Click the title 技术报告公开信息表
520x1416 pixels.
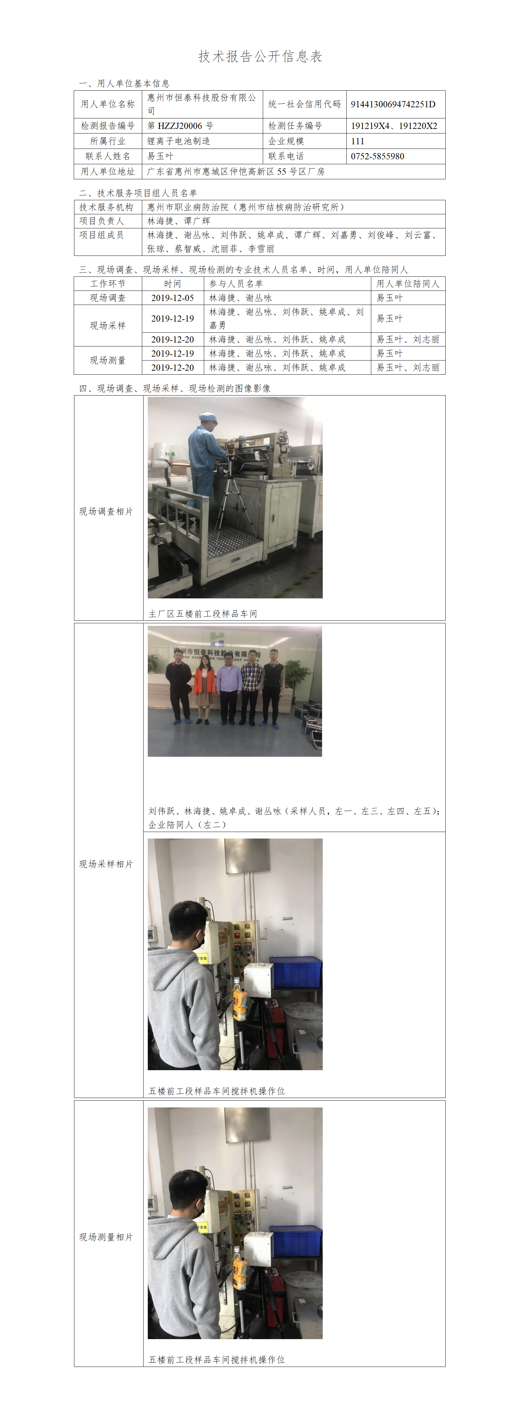260,56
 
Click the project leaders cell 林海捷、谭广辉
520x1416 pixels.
179,221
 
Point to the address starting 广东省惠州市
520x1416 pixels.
236,171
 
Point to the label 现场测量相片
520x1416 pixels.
106,1237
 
